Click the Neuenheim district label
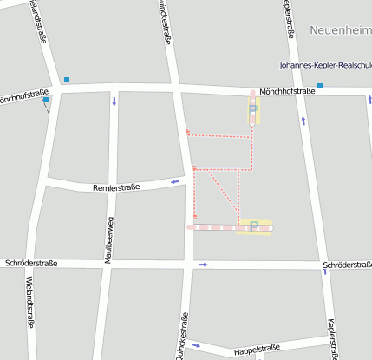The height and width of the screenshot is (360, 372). pyautogui.click(x=340, y=29)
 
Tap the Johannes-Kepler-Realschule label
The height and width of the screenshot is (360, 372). pyautogui.click(x=325, y=65)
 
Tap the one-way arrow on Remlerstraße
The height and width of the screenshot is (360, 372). pyautogui.click(x=175, y=181)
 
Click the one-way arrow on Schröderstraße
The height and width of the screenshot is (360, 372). pyautogui.click(x=203, y=265)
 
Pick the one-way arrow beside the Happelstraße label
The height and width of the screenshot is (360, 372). pyautogui.click(x=196, y=344)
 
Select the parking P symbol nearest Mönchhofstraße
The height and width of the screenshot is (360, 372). pyautogui.click(x=252, y=109)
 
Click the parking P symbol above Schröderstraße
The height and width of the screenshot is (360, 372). pyautogui.click(x=254, y=225)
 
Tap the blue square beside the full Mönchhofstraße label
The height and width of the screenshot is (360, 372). pyautogui.click(x=320, y=85)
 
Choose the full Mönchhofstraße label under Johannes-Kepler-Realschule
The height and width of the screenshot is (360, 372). pyautogui.click(x=287, y=90)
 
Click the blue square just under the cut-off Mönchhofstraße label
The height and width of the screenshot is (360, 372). pyautogui.click(x=45, y=100)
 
